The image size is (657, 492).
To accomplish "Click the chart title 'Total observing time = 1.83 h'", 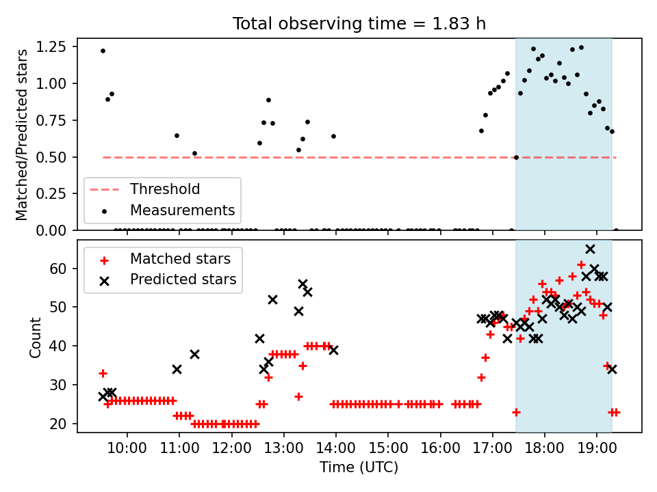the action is point(359,24).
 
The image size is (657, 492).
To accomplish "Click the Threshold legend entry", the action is point(144,189).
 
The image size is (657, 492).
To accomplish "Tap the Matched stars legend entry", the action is point(165,259).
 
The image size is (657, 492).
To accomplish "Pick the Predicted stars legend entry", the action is point(168,279).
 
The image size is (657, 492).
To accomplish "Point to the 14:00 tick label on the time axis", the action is point(335,448).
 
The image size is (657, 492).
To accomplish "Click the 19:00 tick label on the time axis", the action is point(597,448).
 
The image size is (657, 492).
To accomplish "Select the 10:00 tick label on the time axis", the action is point(127,448).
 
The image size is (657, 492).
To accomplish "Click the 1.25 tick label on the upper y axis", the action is point(51,47).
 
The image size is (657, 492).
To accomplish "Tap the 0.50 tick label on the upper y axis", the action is point(51,157).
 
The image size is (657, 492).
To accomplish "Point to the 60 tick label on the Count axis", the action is point(57,268).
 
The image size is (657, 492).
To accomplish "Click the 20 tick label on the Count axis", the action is point(57,424).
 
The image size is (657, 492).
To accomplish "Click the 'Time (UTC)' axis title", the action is point(359,467).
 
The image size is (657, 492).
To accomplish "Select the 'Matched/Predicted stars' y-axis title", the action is point(21,135).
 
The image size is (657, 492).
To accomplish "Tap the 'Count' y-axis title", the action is point(35,338).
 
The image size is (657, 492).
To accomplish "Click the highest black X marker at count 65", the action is point(590,249).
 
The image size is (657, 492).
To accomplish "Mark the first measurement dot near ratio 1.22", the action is point(103,51).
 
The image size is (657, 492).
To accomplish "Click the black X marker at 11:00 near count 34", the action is point(177,370).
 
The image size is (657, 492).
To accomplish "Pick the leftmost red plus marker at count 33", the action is point(103,373).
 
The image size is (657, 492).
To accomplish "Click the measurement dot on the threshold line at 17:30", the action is point(516,157).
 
